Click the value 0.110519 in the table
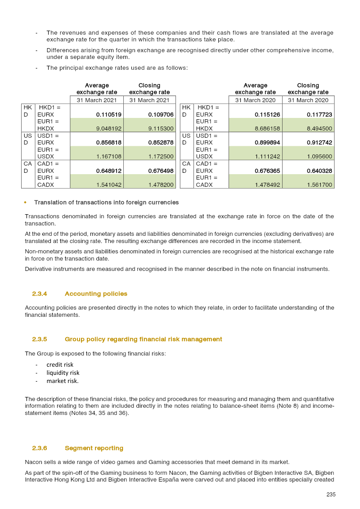point(108,115)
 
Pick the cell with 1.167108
point(108,156)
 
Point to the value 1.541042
point(108,184)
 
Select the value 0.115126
point(267,115)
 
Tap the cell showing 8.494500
point(319,128)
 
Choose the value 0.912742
point(319,142)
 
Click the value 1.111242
point(267,156)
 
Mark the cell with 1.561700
point(319,184)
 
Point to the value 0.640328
point(319,171)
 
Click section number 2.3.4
point(40,294)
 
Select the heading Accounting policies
point(96,294)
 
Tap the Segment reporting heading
point(94,448)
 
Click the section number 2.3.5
point(40,339)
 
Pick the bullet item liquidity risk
point(63,373)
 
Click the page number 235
point(331,495)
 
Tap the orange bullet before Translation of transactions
point(26,203)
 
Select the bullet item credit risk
point(60,365)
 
